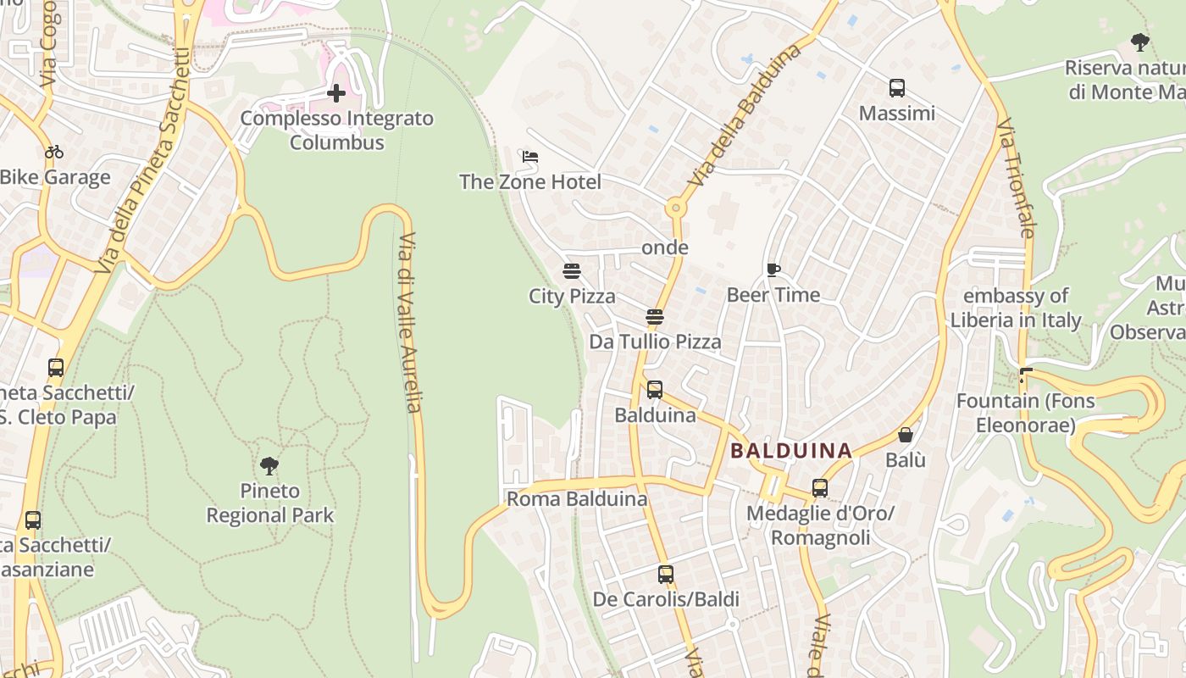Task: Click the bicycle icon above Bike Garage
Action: pos(54,152)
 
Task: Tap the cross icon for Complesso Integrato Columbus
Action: pos(336,93)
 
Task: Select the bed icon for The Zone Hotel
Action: pos(530,157)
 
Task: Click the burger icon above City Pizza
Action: pos(572,271)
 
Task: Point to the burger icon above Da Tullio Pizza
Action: pos(654,317)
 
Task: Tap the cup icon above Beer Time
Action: pos(773,270)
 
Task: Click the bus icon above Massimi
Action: pos(897,88)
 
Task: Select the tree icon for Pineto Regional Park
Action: pos(269,465)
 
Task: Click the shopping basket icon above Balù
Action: pos(905,435)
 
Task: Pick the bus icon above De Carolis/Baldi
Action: pos(666,574)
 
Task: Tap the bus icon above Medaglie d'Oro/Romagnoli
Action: pos(819,487)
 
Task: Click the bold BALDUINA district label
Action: pos(791,451)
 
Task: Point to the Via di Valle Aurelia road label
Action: pos(409,322)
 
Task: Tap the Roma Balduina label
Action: pos(577,499)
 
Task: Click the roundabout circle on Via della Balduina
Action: pos(675,207)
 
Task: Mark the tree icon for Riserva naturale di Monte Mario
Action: pos(1140,42)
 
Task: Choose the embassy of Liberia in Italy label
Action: pos(1016,308)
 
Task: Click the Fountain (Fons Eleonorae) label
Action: pos(1025,412)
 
